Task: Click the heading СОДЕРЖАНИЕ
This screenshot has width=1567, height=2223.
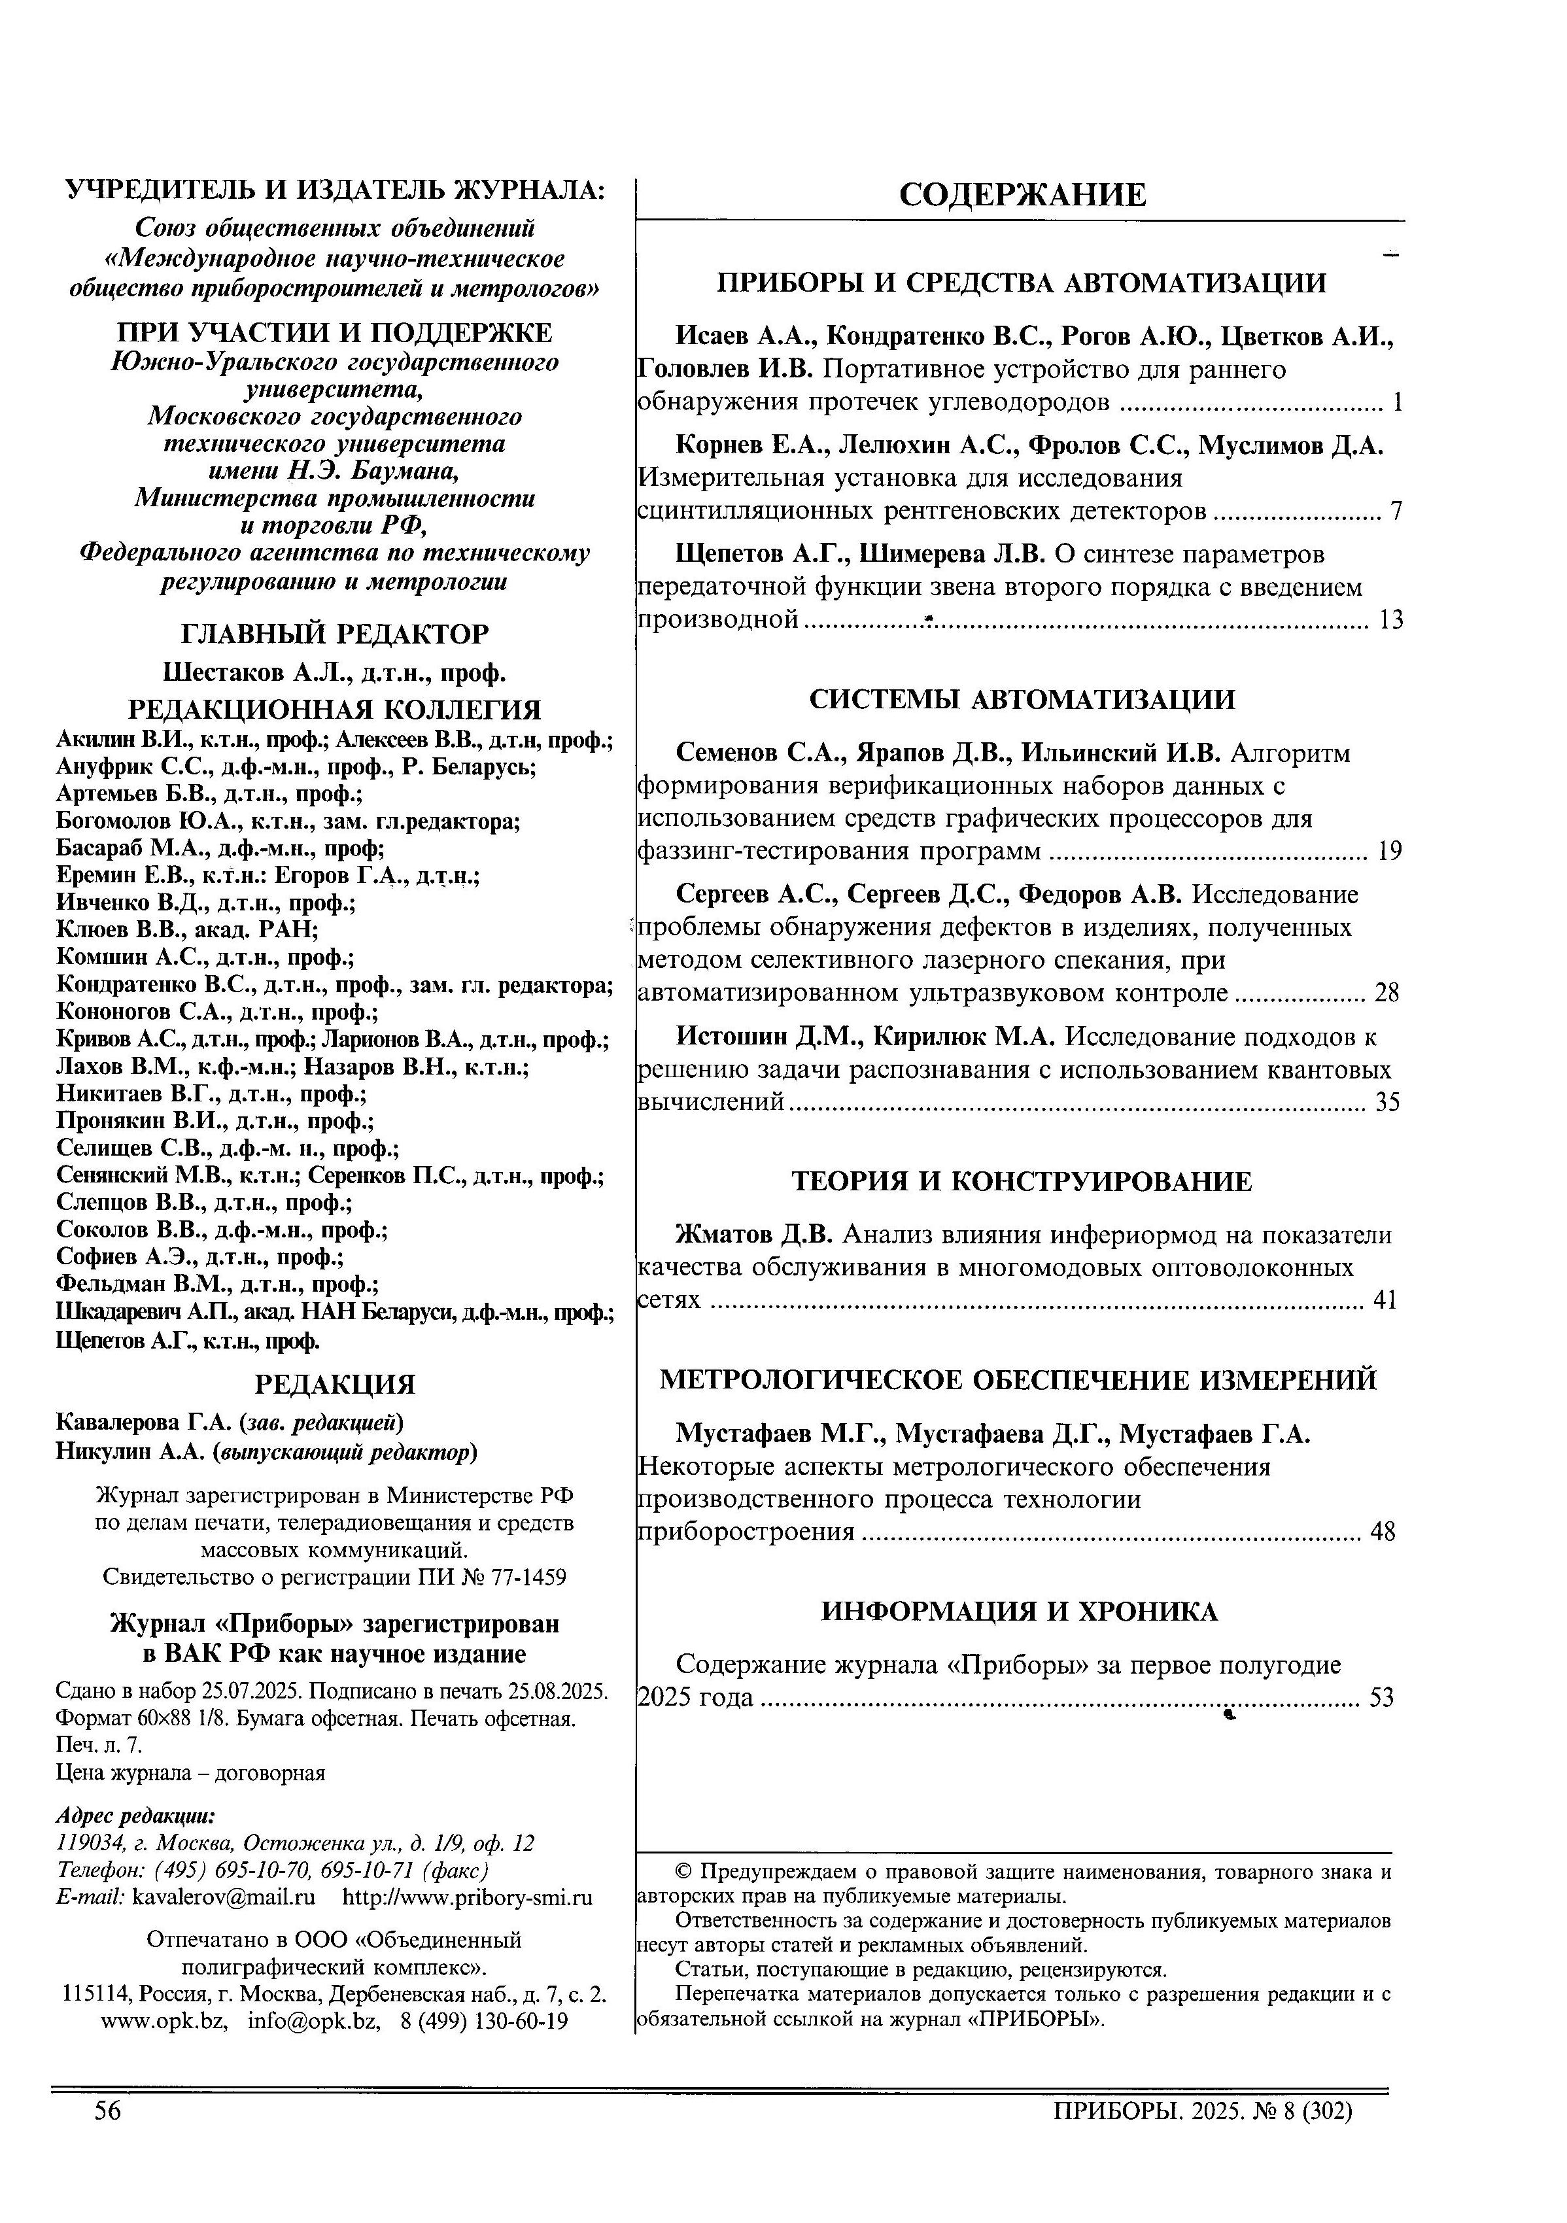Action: pos(1022,195)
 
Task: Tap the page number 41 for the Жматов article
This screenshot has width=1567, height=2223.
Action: pos(1385,1300)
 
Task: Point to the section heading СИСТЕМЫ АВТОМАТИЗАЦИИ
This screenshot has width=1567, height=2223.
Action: pos(1022,699)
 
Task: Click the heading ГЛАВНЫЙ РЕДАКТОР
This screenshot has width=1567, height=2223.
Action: pos(335,634)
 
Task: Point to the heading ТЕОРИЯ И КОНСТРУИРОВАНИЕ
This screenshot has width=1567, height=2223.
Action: pos(1022,1181)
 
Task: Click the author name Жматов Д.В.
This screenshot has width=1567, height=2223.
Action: pos(753,1235)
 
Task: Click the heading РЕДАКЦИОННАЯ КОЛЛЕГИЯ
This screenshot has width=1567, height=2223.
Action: pos(335,710)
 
